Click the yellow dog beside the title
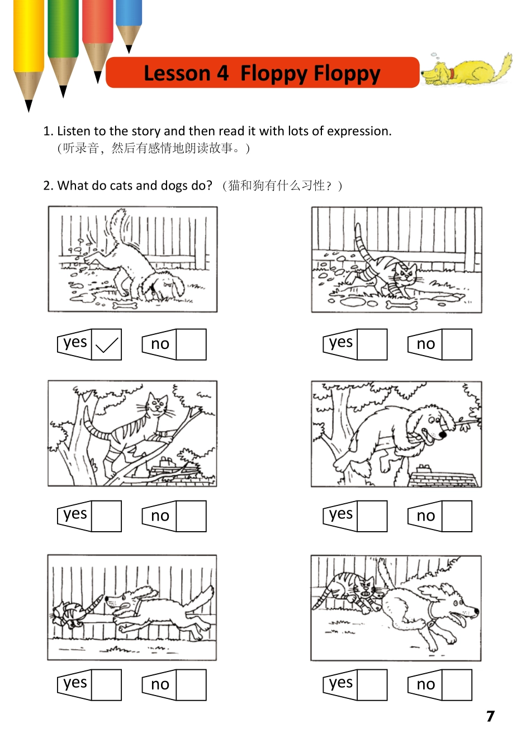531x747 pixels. pyautogui.click(x=466, y=70)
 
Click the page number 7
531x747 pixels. pyautogui.click(x=490, y=716)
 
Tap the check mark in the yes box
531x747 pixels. pyautogui.click(x=107, y=344)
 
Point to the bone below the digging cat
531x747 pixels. pyautogui.click(x=402, y=305)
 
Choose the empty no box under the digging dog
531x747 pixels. pyautogui.click(x=191, y=344)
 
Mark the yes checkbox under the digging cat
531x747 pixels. pyautogui.click(x=372, y=344)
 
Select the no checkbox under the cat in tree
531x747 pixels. pyautogui.click(x=191, y=516)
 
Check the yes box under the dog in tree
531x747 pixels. pyautogui.click(x=372, y=516)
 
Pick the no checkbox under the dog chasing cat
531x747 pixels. pyautogui.click(x=191, y=685)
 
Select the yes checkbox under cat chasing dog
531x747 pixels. pyautogui.click(x=372, y=685)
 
